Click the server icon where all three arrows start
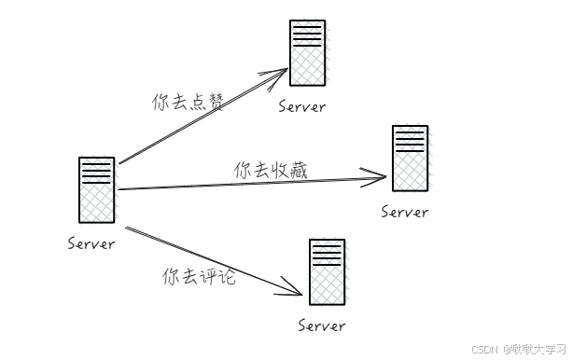click(97, 190)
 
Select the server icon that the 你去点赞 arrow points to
click(308, 53)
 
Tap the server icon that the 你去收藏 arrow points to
click(410, 158)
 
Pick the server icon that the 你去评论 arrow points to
click(327, 272)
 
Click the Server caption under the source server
click(91, 244)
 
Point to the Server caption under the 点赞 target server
click(302, 106)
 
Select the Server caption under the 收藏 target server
click(405, 212)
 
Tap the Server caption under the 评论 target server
click(322, 325)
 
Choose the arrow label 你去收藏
click(271, 170)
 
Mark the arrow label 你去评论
click(199, 277)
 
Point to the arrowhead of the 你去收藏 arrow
click(380, 175)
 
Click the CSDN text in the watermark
click(483, 350)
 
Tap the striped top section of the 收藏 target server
click(410, 141)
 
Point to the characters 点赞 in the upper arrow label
click(207, 103)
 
